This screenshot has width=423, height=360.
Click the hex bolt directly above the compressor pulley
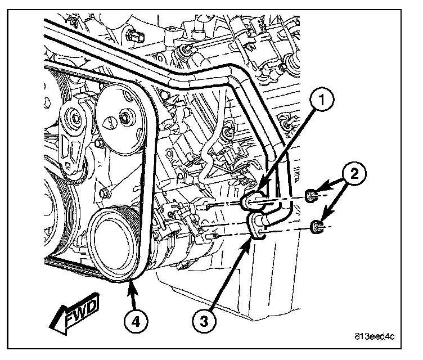pyautogui.click(x=106, y=193)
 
